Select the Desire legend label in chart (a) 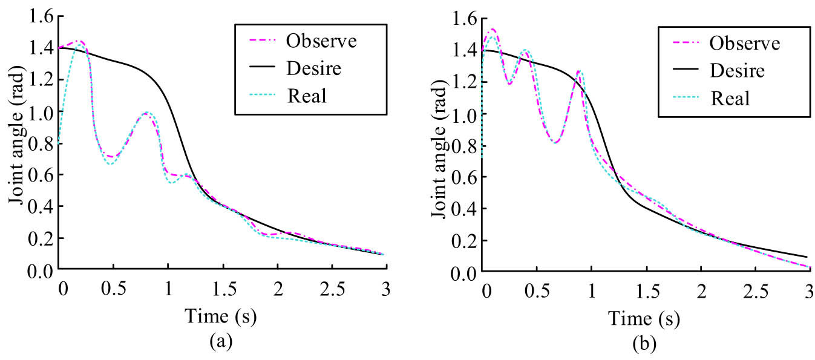313,68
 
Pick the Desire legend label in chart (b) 737,70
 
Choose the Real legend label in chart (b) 730,97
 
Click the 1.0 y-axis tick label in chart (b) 463,114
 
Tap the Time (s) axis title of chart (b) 644,317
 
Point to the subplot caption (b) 644,345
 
